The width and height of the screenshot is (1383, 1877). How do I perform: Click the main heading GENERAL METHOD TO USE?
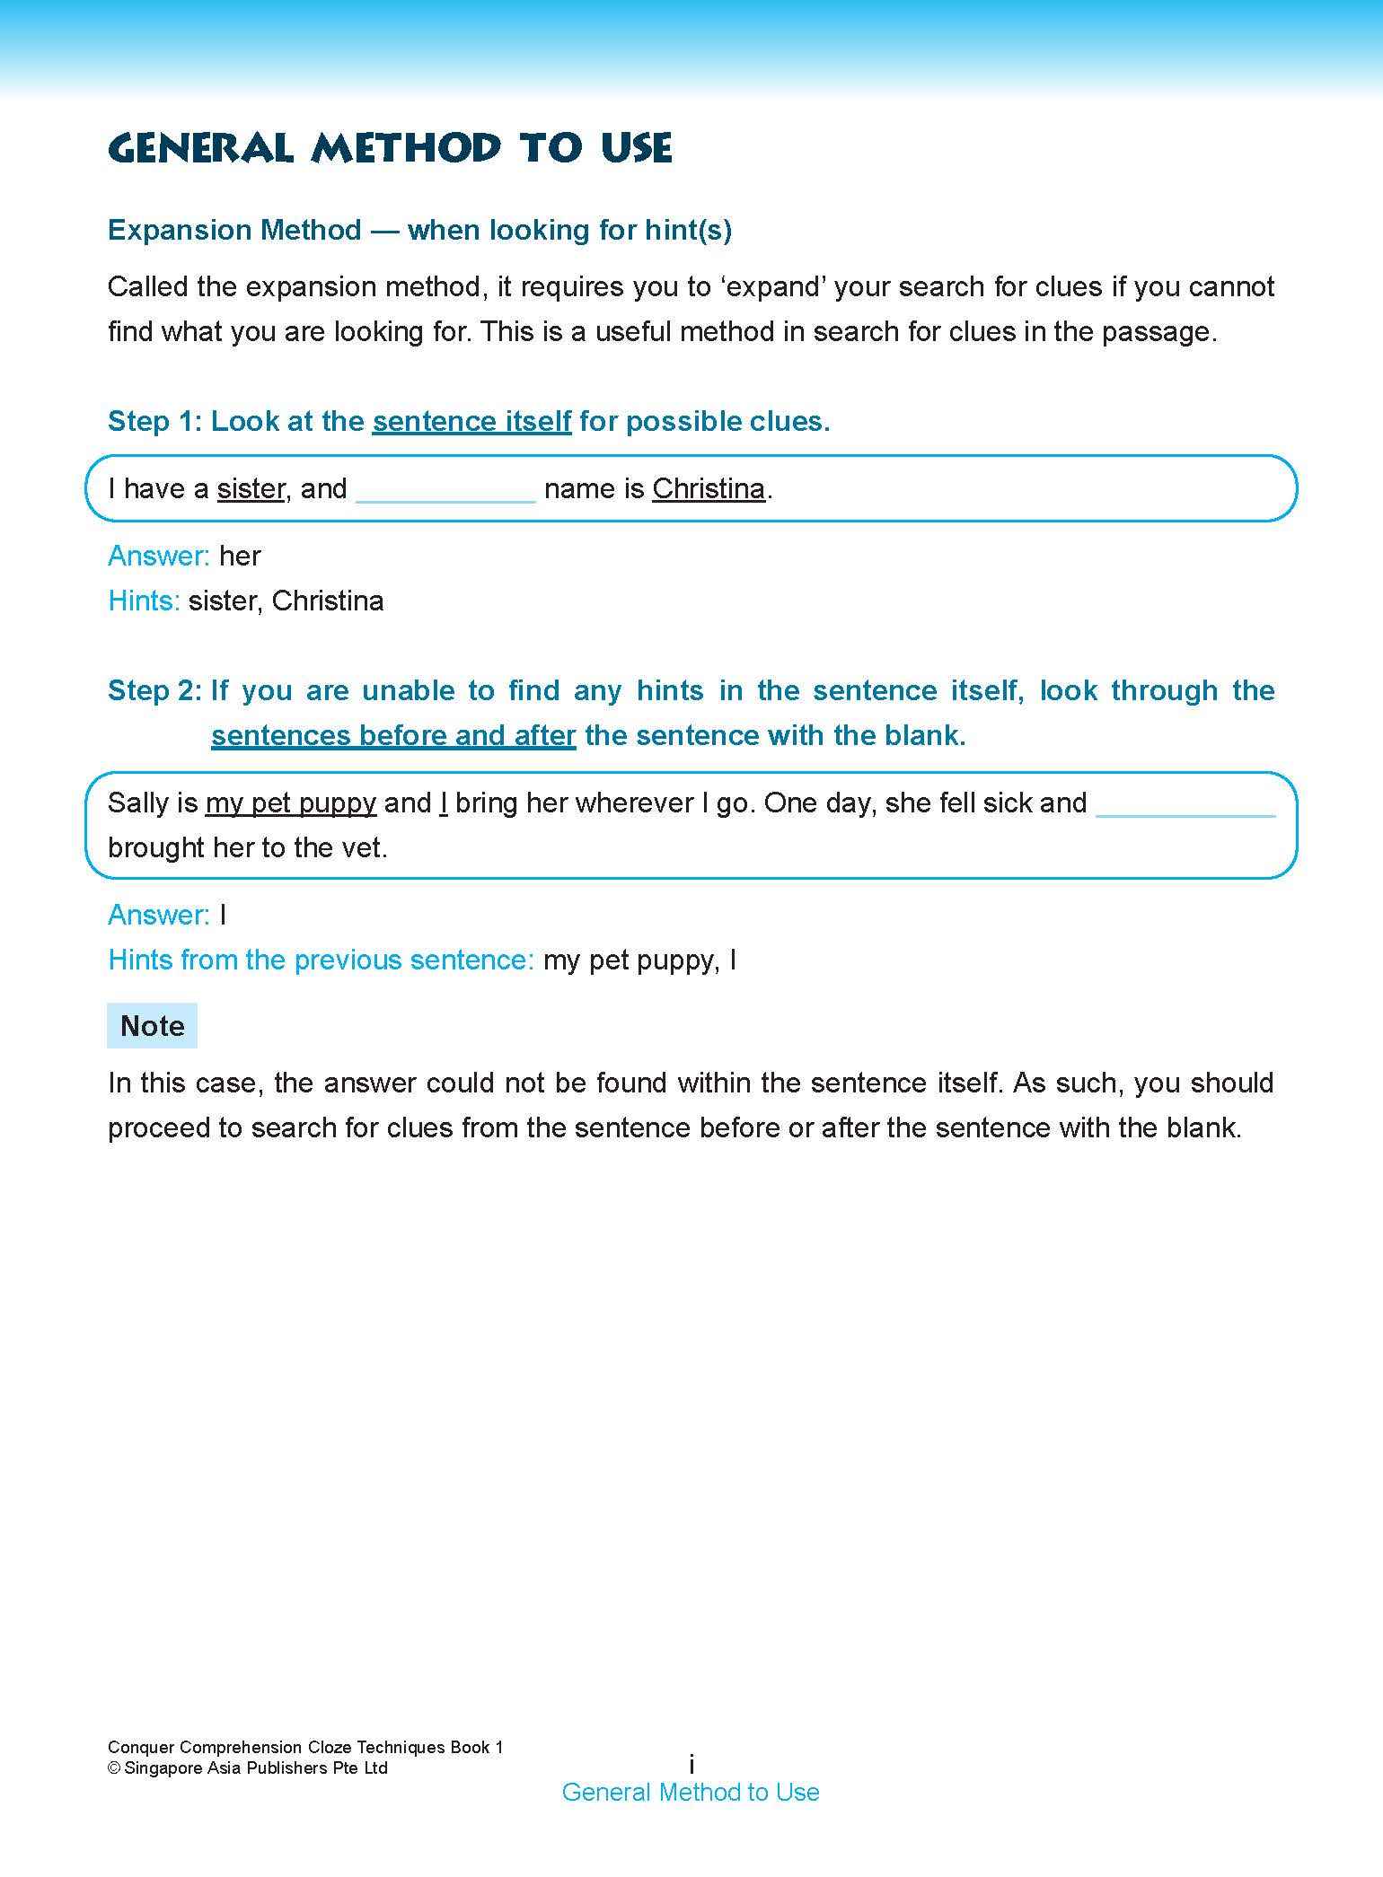[389, 148]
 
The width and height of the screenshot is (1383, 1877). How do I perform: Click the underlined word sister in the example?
[251, 488]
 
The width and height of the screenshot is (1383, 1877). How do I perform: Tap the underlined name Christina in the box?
[709, 488]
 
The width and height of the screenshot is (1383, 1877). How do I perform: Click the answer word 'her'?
[240, 556]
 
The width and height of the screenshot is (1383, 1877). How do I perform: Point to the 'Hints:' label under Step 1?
[144, 601]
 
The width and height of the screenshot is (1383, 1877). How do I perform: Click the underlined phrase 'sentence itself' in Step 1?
[471, 421]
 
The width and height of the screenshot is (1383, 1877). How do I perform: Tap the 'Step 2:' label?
[154, 690]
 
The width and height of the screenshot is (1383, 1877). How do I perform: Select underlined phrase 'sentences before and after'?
[393, 735]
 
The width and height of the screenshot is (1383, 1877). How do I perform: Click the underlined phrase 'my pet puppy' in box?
[290, 803]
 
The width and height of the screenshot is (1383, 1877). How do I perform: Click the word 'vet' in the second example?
[363, 847]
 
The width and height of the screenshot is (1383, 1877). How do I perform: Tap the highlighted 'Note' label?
[152, 1025]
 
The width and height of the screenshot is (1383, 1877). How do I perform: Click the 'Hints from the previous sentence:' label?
[321, 960]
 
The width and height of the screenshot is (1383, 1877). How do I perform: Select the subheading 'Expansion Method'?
[233, 230]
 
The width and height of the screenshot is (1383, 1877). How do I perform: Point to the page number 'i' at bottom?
[691, 1764]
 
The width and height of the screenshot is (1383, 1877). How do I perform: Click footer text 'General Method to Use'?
[691, 1792]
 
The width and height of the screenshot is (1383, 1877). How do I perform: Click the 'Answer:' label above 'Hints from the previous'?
[158, 915]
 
